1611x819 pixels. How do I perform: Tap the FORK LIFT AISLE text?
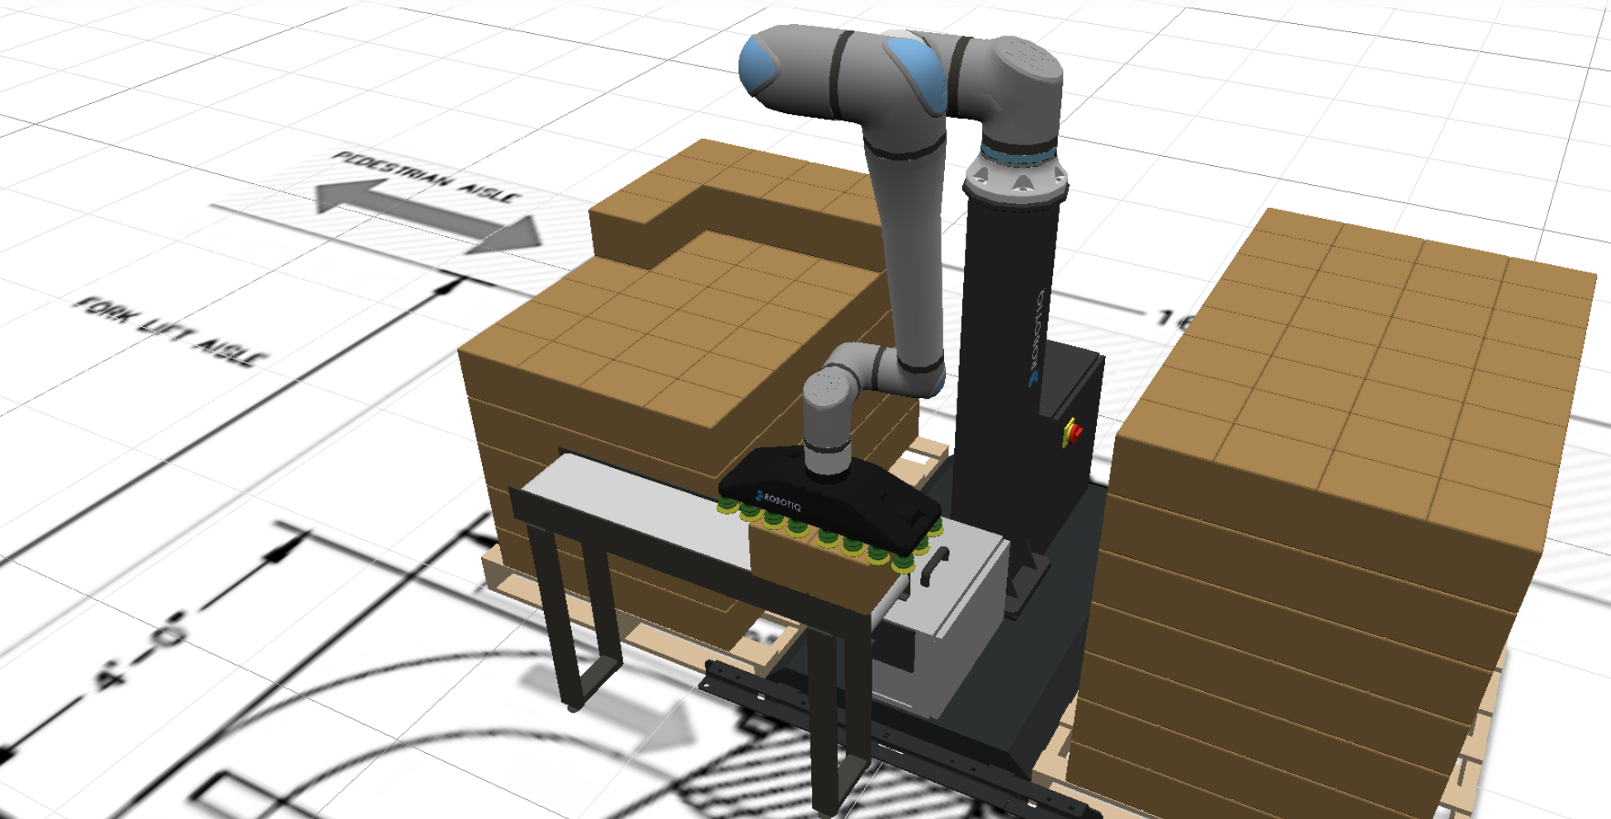coord(170,330)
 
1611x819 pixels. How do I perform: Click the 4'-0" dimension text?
coord(140,652)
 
